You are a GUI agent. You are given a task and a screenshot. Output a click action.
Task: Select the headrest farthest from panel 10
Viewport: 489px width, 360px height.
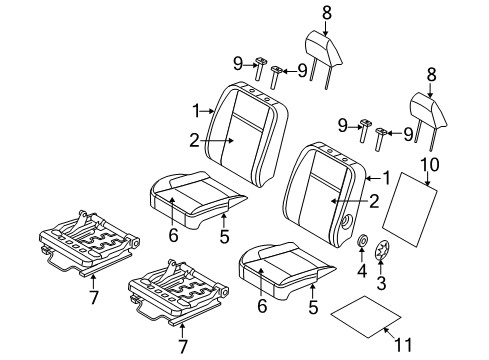[321, 48]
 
